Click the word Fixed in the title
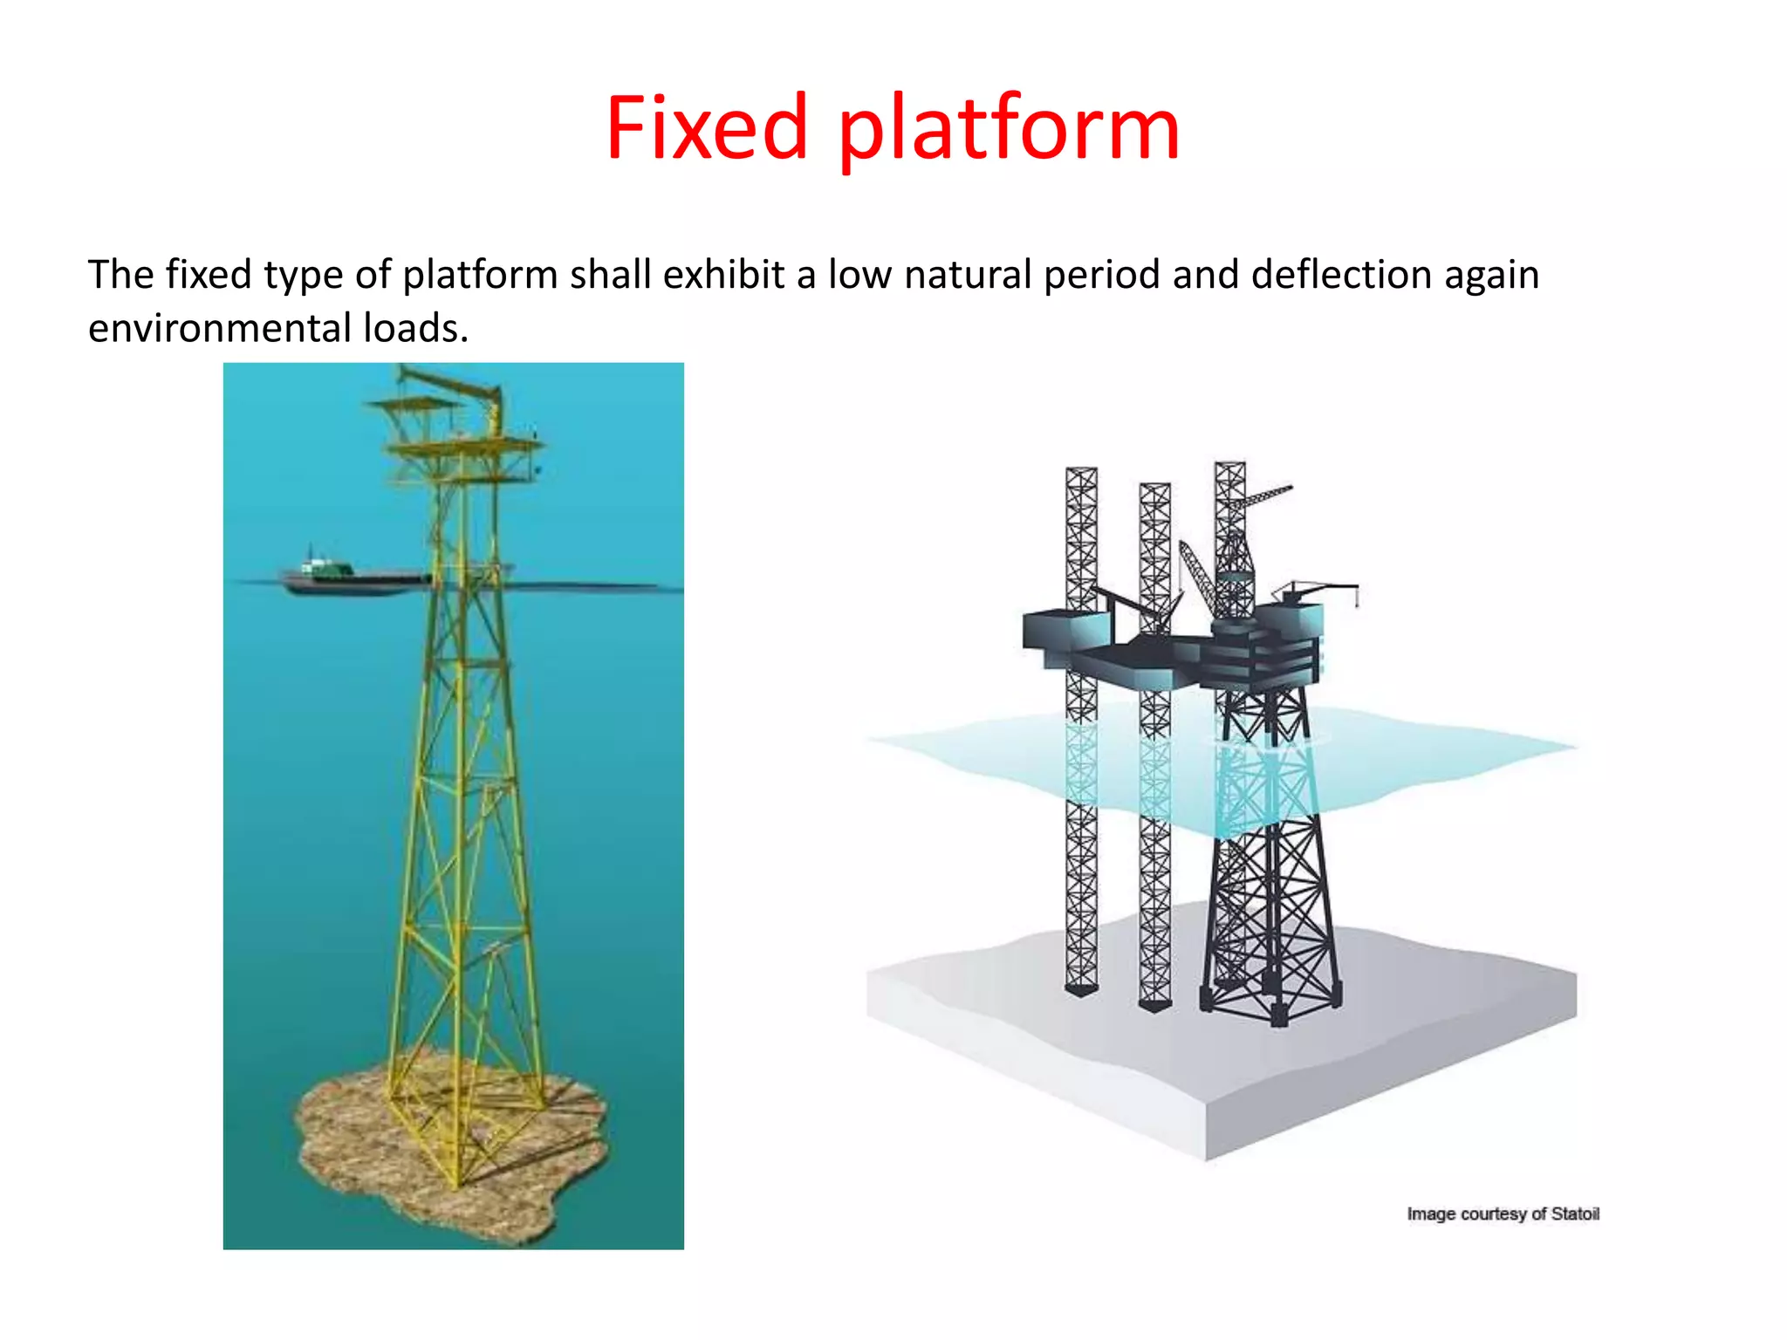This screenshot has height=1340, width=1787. pos(707,129)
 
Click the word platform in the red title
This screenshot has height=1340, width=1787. pos(1009,131)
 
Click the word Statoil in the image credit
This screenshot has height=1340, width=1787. pos(1574,1214)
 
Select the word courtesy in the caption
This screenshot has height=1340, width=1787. pos(1494,1214)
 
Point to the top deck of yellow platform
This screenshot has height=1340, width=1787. pos(462,447)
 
